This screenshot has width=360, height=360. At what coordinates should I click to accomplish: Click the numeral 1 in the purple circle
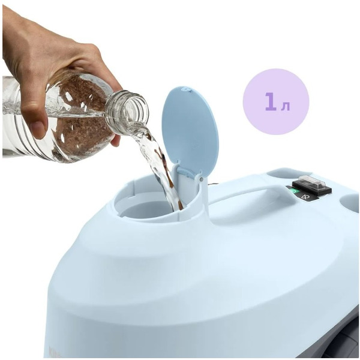271,101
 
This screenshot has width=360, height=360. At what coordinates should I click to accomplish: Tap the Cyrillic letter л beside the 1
286,106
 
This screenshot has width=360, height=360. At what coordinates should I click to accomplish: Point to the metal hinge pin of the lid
201,179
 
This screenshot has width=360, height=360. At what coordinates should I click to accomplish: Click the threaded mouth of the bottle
128,112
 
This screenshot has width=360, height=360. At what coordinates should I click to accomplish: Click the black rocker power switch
311,187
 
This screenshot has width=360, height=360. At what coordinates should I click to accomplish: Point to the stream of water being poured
158,166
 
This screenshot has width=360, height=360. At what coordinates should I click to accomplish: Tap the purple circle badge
276,101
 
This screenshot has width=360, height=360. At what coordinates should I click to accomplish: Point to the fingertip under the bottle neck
116,140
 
